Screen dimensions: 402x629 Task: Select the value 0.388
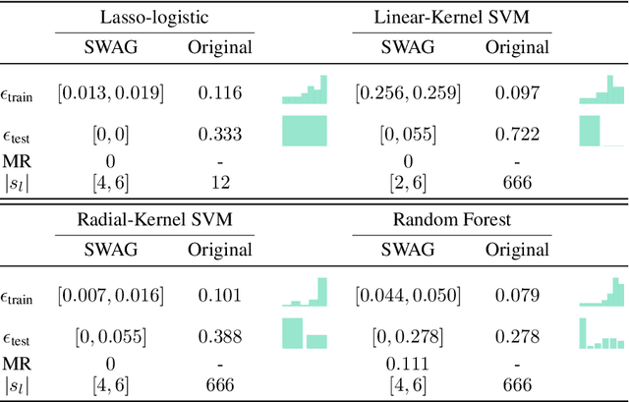click(226, 336)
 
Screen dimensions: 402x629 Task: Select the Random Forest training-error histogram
click(601, 291)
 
